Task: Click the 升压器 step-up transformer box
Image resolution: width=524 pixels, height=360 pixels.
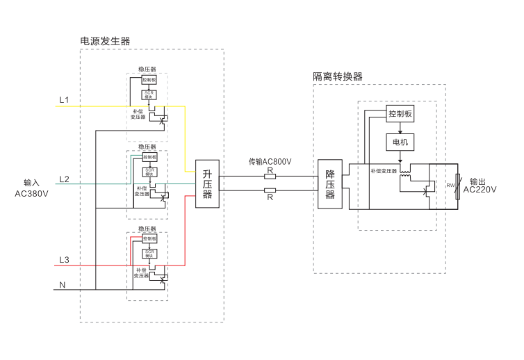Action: pyautogui.click(x=207, y=183)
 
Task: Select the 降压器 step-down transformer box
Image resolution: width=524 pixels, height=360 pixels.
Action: pyautogui.click(x=330, y=184)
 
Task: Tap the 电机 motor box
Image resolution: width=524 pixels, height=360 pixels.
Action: pyautogui.click(x=400, y=142)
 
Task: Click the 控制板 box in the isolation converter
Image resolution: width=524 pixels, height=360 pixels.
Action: pyautogui.click(x=400, y=114)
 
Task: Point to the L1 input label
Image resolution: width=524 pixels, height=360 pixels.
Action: pyautogui.click(x=64, y=100)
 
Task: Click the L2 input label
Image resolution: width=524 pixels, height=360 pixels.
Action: pyautogui.click(x=64, y=179)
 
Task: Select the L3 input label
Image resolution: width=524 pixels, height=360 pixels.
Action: pyautogui.click(x=64, y=260)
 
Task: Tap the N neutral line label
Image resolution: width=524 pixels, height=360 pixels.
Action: pyautogui.click(x=63, y=285)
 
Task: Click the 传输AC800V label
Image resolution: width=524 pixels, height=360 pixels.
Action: pyautogui.click(x=270, y=161)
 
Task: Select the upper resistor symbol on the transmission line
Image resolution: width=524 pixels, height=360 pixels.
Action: pyautogui.click(x=270, y=176)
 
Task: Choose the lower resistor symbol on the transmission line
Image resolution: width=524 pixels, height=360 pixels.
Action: pyautogui.click(x=270, y=190)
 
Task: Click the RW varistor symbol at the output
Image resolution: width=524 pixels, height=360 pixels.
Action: pyautogui.click(x=457, y=186)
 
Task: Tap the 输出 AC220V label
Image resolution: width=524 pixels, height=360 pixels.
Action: pyautogui.click(x=480, y=185)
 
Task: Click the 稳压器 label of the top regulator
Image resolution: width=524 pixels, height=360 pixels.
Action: pyautogui.click(x=147, y=69)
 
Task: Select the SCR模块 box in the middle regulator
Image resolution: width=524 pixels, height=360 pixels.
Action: pyautogui.click(x=149, y=172)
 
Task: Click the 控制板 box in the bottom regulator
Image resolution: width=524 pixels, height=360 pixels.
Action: pyautogui.click(x=149, y=238)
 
